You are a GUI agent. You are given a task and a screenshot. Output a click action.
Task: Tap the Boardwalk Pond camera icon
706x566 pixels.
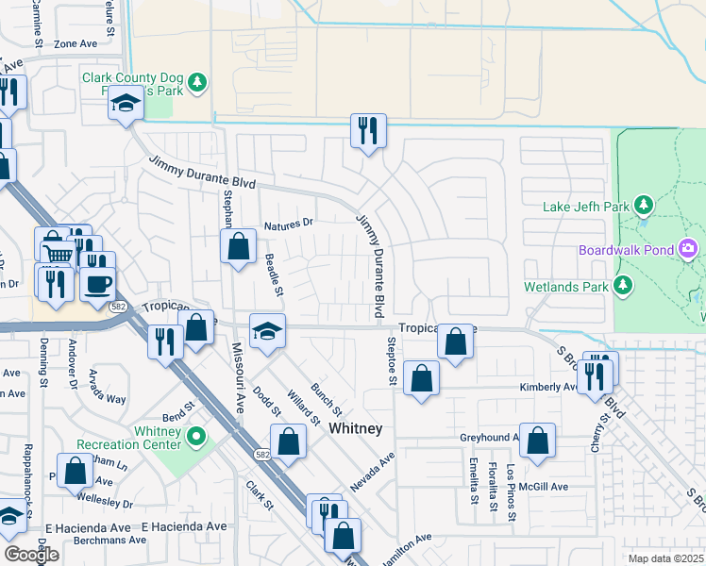click(689, 249)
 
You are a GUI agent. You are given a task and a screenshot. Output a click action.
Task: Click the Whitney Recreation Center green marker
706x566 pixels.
click(196, 437)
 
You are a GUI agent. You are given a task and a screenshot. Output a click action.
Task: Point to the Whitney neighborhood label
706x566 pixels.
click(356, 428)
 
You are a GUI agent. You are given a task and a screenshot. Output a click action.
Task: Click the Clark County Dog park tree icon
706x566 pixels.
click(197, 83)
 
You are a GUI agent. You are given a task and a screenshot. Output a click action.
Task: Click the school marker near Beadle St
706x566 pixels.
click(267, 331)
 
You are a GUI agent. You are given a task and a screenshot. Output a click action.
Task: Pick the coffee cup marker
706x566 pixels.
click(97, 283)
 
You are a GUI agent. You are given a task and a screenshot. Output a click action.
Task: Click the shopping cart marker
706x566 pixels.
click(59, 252)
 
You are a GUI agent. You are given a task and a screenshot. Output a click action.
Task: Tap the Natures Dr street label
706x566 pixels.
click(288, 225)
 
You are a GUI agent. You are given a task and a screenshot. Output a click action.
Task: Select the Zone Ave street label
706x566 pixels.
click(76, 43)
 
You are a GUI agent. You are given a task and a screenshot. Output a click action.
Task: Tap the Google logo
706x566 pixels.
click(31, 555)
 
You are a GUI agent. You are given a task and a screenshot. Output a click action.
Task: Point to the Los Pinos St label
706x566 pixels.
click(512, 492)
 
